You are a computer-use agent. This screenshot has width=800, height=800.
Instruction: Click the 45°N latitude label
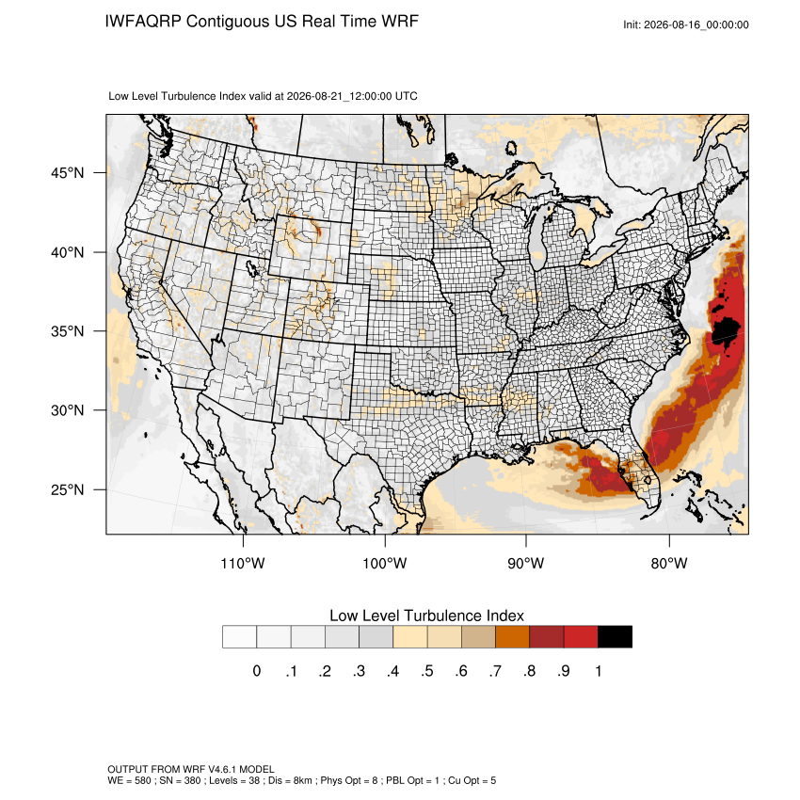pyautogui.click(x=68, y=173)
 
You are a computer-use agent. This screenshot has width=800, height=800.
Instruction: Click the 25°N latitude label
pyautogui.click(x=68, y=489)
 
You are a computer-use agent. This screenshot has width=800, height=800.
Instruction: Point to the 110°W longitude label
pyautogui.click(x=243, y=563)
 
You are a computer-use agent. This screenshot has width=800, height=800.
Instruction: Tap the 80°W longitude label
pyautogui.click(x=669, y=563)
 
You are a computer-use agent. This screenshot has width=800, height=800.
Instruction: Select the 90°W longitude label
pyautogui.click(x=525, y=563)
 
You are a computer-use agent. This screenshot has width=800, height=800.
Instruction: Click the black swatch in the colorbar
pyautogui.click(x=615, y=637)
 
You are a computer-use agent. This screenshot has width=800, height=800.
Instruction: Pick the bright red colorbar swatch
pyautogui.click(x=581, y=637)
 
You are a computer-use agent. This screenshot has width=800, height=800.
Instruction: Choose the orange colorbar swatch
pyautogui.click(x=512, y=637)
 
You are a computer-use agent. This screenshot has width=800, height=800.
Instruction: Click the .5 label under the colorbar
pyautogui.click(x=427, y=671)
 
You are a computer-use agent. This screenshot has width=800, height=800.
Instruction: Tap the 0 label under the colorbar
pyautogui.click(x=257, y=671)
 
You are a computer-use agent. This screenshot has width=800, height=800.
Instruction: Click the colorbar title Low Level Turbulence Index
pyautogui.click(x=426, y=616)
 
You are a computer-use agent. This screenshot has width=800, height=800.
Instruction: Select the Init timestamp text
pyautogui.click(x=686, y=24)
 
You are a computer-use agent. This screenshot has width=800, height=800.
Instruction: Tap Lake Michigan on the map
pyautogui.click(x=536, y=237)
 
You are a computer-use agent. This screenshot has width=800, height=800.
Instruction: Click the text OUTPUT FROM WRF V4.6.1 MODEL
pyautogui.click(x=191, y=769)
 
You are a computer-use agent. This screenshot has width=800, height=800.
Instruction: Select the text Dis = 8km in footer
pyautogui.click(x=289, y=780)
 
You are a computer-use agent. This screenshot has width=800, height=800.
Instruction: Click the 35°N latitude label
pyautogui.click(x=68, y=331)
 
